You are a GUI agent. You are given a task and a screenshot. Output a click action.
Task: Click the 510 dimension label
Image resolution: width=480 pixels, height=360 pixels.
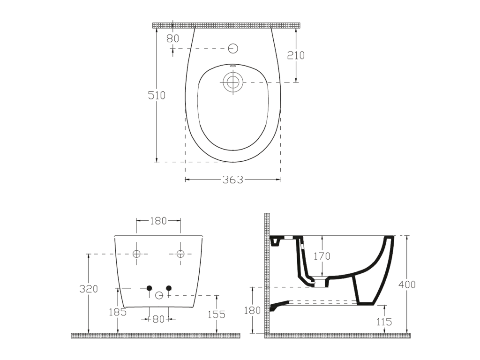(157, 96)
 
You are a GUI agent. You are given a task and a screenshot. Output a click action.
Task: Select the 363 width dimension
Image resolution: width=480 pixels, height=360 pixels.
(232, 180)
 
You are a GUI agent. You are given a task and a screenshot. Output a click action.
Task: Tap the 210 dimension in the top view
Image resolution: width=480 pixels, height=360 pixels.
(296, 55)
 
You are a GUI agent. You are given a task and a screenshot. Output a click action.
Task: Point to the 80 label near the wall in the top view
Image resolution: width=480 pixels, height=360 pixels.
(172, 38)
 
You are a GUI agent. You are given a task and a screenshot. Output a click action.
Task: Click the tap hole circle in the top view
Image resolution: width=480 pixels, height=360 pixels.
(233, 48)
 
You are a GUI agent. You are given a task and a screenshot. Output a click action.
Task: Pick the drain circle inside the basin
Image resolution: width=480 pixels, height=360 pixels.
(233, 82)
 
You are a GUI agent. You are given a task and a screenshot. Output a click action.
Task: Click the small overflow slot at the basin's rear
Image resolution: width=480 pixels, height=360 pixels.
(233, 66)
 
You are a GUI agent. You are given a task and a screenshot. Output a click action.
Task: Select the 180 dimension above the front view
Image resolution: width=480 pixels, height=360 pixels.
(158, 221)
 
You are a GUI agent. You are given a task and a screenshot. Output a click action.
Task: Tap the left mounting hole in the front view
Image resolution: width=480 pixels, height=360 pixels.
(136, 254)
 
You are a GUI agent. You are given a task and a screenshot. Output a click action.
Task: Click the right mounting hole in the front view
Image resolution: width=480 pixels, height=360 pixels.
(180, 254)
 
